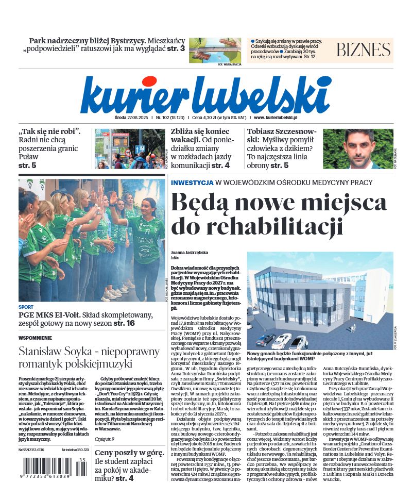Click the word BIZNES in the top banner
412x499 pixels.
(364, 49)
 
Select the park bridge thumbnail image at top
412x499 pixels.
(215, 49)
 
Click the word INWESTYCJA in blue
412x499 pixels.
(192, 182)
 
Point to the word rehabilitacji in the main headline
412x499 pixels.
(257, 226)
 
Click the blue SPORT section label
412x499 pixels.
(26, 307)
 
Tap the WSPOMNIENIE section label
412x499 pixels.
(35, 338)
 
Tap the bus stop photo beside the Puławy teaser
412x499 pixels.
(130, 148)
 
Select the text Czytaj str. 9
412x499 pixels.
(105, 424)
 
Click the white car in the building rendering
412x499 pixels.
(282, 340)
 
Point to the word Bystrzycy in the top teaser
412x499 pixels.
(124, 40)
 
